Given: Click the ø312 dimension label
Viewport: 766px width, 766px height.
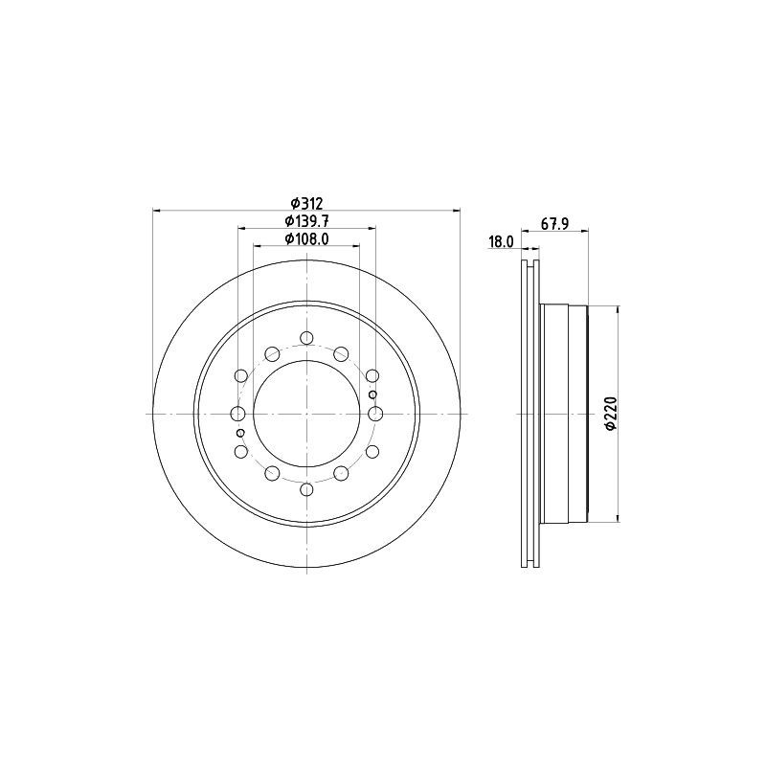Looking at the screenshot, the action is [306, 203].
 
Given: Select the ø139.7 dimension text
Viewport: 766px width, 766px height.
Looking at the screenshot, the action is [306, 221].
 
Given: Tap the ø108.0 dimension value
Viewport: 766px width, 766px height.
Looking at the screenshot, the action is [306, 237].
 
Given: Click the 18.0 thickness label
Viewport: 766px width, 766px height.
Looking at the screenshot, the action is [501, 241].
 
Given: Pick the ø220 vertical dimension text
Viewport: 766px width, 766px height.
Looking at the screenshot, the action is [611, 414].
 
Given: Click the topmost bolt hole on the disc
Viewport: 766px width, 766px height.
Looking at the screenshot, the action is [306, 338].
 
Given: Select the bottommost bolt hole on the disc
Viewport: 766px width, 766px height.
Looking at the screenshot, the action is [306, 489].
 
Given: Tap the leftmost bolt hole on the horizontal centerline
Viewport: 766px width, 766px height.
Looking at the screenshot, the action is [237, 414].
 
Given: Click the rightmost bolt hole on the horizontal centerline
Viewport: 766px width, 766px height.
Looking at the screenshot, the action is [375, 414].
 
